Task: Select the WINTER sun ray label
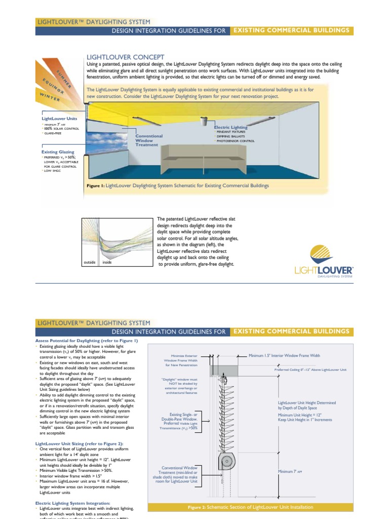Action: pos(50,97)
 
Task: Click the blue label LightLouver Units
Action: pos(59,118)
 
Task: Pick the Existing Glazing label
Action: pos(58,152)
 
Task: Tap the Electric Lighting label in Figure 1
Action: pos(230,127)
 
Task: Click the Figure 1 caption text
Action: pos(178,186)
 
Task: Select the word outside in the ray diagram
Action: pos(89,263)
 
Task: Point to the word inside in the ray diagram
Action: pos(107,263)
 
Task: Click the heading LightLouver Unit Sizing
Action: pos(79,443)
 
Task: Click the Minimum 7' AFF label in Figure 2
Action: pos(290,471)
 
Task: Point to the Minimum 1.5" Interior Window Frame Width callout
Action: pos(284,356)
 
